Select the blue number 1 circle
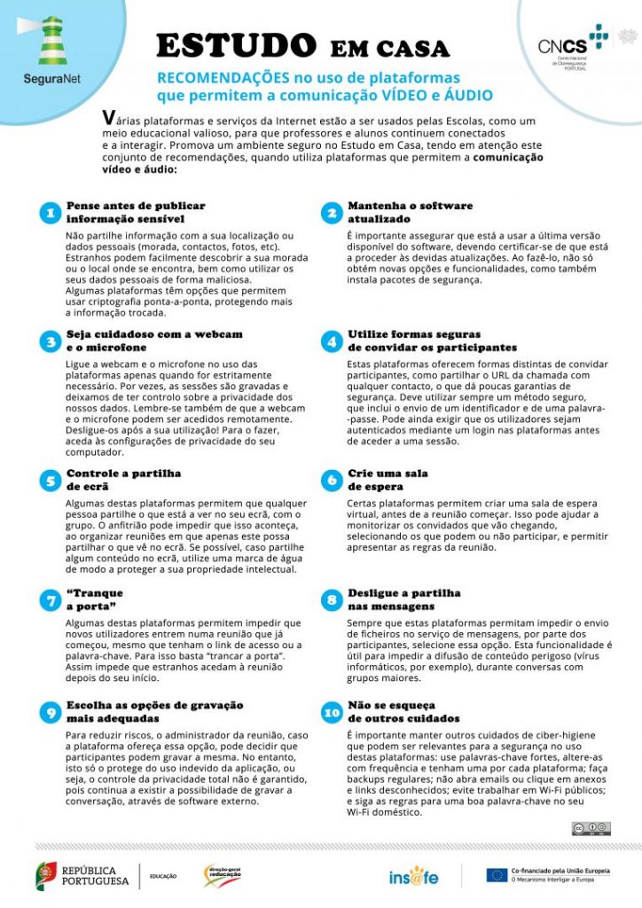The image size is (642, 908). (x=50, y=213)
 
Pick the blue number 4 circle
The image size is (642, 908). (x=331, y=341)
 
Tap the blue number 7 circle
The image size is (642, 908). (x=50, y=599)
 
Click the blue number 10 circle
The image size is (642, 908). (x=331, y=712)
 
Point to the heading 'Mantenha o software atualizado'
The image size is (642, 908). (x=410, y=212)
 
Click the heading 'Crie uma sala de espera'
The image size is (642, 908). (x=388, y=480)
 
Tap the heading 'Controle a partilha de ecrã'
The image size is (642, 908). (x=123, y=480)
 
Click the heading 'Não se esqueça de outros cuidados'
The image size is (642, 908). (x=403, y=711)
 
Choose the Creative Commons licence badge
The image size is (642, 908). (x=591, y=828)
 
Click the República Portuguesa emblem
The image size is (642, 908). (x=48, y=875)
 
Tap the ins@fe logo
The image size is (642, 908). (x=413, y=876)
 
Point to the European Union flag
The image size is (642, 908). (x=497, y=875)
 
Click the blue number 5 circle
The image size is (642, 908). (x=50, y=480)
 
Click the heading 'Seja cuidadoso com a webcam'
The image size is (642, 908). (x=154, y=334)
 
